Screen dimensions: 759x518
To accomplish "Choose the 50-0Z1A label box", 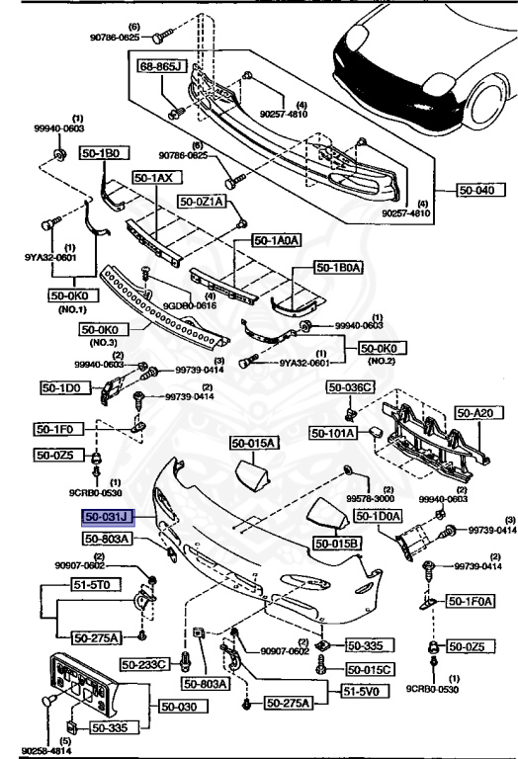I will [203, 201].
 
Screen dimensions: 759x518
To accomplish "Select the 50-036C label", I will [354, 387].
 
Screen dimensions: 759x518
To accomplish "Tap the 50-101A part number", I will [334, 432].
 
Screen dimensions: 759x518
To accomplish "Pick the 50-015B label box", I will [338, 543].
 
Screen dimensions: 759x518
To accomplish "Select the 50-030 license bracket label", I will [180, 707].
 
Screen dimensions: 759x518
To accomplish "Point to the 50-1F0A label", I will [470, 600].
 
